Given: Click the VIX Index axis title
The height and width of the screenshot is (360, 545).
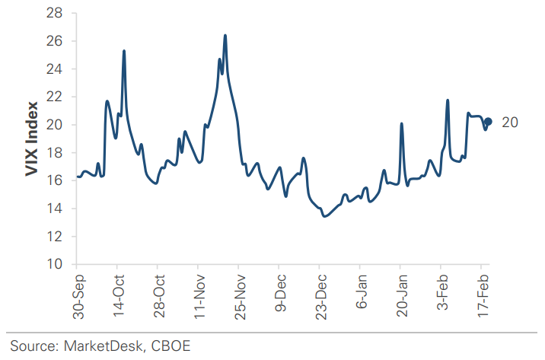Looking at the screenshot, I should point(32,139).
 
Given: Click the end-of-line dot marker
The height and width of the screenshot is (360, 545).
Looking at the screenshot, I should point(488,122).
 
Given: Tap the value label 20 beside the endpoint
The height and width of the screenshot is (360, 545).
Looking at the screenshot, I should point(510,122).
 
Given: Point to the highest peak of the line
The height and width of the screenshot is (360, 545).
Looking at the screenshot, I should point(225,35).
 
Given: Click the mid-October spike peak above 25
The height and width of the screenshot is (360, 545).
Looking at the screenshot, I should point(124,50).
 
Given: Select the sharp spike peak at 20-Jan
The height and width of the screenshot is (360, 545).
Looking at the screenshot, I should point(401,123).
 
